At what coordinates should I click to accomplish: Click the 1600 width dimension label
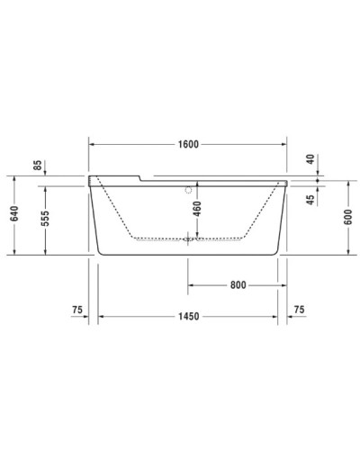pos(188,143)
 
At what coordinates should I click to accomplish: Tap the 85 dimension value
pos(37,165)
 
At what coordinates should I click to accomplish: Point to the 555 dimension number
pos(44,218)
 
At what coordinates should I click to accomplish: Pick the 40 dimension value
pos(310,159)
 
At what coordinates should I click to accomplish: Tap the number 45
pos(310,200)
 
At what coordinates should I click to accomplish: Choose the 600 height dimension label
pos(347,216)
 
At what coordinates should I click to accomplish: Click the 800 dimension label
pos(237,286)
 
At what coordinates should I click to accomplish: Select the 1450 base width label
pos(188,316)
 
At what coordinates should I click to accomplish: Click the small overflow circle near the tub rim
pos(188,190)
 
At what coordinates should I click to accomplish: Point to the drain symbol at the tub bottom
pos(188,239)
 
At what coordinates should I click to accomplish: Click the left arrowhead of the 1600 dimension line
pos(91,143)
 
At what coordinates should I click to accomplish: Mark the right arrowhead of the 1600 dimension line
pos(285,143)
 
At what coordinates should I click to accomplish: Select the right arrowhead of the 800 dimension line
pos(276,286)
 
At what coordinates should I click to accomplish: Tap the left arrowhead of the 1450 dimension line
pos(101,316)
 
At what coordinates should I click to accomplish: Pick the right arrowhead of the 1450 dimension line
pos(276,316)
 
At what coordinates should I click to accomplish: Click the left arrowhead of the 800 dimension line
pos(190,286)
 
